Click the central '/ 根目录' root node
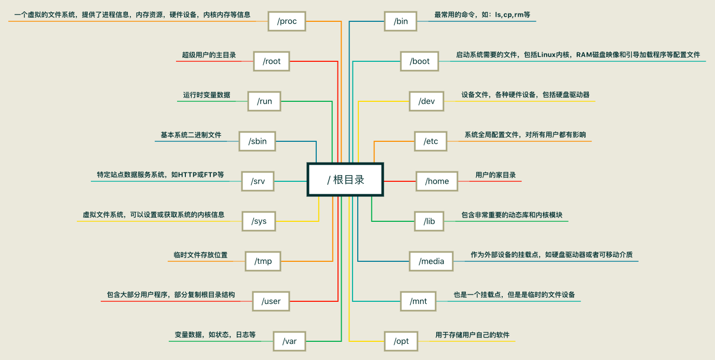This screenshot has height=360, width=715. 345,180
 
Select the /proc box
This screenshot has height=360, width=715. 287,21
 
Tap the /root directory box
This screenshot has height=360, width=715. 271,61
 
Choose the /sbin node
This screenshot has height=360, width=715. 257,141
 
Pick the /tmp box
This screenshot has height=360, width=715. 263,261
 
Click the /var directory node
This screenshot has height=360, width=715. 289,341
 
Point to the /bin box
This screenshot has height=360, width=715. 400,21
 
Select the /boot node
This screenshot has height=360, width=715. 420,61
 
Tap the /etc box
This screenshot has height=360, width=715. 430,141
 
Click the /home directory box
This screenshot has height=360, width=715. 437,181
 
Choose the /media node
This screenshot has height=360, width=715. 431,261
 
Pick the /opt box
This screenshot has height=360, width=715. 401,341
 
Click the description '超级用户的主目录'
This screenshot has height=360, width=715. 209,55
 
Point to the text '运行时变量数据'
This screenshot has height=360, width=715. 206,95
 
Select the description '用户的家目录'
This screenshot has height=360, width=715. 495,175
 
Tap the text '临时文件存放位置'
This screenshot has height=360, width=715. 200,255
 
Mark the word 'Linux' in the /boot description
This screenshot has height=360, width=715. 546,55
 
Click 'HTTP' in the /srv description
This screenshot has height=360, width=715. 190,175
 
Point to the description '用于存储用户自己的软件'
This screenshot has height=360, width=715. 472,335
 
